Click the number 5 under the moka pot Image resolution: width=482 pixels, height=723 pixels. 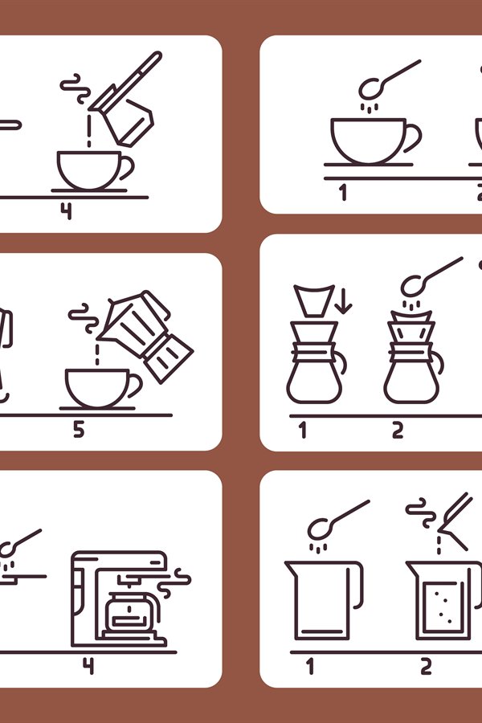[78, 430]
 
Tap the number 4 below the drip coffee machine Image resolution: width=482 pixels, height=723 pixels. [88, 666]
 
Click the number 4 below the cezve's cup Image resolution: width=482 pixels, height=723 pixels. [66, 210]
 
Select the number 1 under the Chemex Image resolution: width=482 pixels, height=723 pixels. [303, 430]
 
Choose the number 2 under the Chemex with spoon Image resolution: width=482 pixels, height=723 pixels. [398, 430]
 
